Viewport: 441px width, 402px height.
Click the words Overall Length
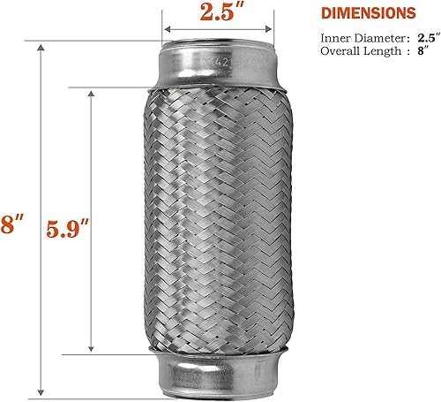click(354, 52)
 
